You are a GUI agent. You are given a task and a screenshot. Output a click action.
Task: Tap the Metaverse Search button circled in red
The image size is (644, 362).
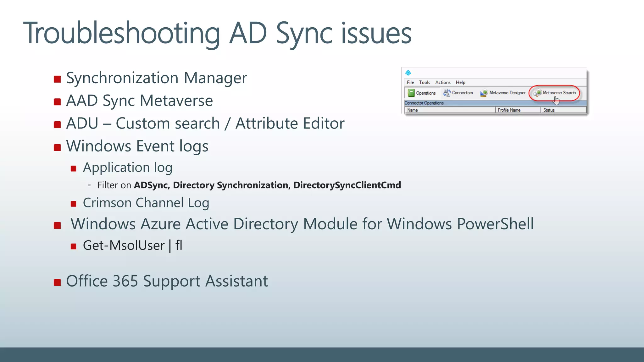[555, 93]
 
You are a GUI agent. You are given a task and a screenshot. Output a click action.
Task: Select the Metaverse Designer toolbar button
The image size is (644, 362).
[503, 93]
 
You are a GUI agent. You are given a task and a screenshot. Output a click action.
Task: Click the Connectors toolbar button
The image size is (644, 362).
[458, 93]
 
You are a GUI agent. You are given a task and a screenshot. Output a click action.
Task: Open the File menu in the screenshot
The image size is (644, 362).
[410, 82]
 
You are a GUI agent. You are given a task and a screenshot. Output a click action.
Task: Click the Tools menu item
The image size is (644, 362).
[425, 82]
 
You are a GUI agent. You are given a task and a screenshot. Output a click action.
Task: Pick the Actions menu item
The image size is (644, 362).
[443, 82]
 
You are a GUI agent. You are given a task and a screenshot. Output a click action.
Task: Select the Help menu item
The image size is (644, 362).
[460, 82]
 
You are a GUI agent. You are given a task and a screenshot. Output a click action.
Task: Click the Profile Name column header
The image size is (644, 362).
[509, 110]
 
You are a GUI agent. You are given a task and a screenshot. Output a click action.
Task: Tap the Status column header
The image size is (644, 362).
[549, 110]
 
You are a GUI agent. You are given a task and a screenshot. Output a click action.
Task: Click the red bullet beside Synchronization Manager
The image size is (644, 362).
[57, 79]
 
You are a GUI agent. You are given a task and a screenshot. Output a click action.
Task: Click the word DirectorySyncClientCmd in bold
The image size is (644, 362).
[347, 185]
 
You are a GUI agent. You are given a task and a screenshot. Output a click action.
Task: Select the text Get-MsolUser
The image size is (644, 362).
[124, 245]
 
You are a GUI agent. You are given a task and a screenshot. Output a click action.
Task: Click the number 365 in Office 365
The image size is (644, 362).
[125, 281]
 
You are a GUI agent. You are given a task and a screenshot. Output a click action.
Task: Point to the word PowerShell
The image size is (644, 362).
[495, 224]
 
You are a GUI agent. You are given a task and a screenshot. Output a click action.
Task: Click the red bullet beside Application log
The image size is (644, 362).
[74, 168]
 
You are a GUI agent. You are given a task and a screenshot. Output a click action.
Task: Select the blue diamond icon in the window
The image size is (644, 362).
[408, 73]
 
